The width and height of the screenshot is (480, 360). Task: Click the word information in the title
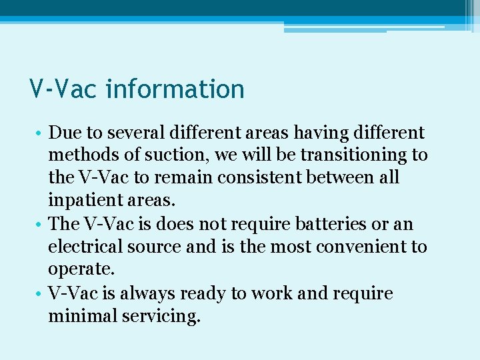click(175, 89)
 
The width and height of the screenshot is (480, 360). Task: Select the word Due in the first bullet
click(64, 133)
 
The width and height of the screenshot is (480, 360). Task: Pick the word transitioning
click(353, 155)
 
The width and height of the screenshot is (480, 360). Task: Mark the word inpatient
click(82, 201)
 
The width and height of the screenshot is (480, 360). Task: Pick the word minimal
click(82, 316)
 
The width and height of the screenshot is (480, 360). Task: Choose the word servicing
click(161, 316)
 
